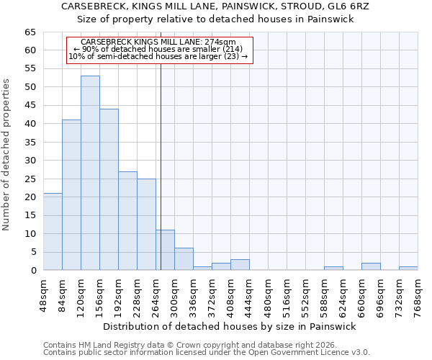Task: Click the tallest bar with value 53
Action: pyautogui.click(x=90, y=173)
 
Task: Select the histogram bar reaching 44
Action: pyautogui.click(x=109, y=189)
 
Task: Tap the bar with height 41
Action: pyautogui.click(x=71, y=195)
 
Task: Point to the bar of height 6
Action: pyautogui.click(x=184, y=259)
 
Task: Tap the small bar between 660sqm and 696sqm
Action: pyautogui.click(x=371, y=267)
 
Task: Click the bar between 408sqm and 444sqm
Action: pyautogui.click(x=240, y=265)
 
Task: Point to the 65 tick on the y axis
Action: pyautogui.click(x=30, y=32)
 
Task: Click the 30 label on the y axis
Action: pyautogui.click(x=30, y=161)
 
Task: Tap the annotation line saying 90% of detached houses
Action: pyautogui.click(x=158, y=49)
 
